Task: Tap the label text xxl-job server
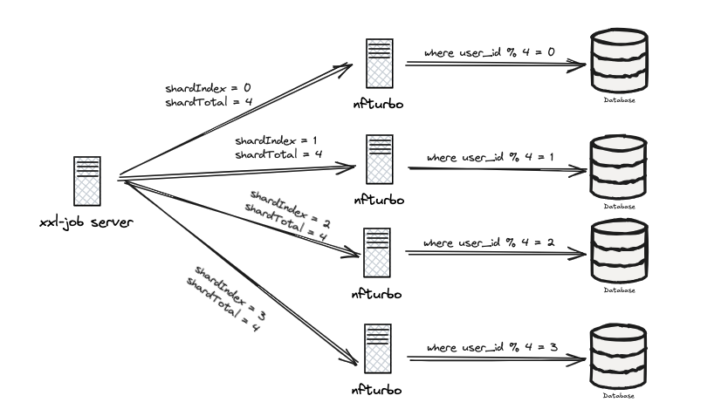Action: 86,224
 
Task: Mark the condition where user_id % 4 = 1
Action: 491,157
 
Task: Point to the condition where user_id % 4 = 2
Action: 490,242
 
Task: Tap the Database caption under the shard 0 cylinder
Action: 619,100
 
